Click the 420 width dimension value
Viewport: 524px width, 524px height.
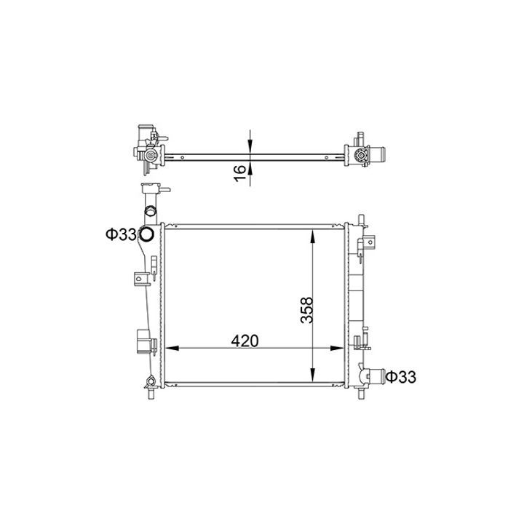click(x=245, y=341)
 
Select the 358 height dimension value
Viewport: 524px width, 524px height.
click(x=307, y=310)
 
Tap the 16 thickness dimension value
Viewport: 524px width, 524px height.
click(x=239, y=174)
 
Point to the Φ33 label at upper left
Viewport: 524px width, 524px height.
click(x=120, y=234)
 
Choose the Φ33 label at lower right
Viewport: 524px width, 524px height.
click(x=401, y=377)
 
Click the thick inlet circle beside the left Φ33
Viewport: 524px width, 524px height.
click(x=146, y=234)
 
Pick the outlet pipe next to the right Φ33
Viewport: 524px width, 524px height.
click(x=377, y=376)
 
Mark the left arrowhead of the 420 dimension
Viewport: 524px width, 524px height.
click(x=172, y=348)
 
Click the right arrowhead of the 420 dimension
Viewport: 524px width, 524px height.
click(x=337, y=348)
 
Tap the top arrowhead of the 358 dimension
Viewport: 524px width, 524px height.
click(x=312, y=237)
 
